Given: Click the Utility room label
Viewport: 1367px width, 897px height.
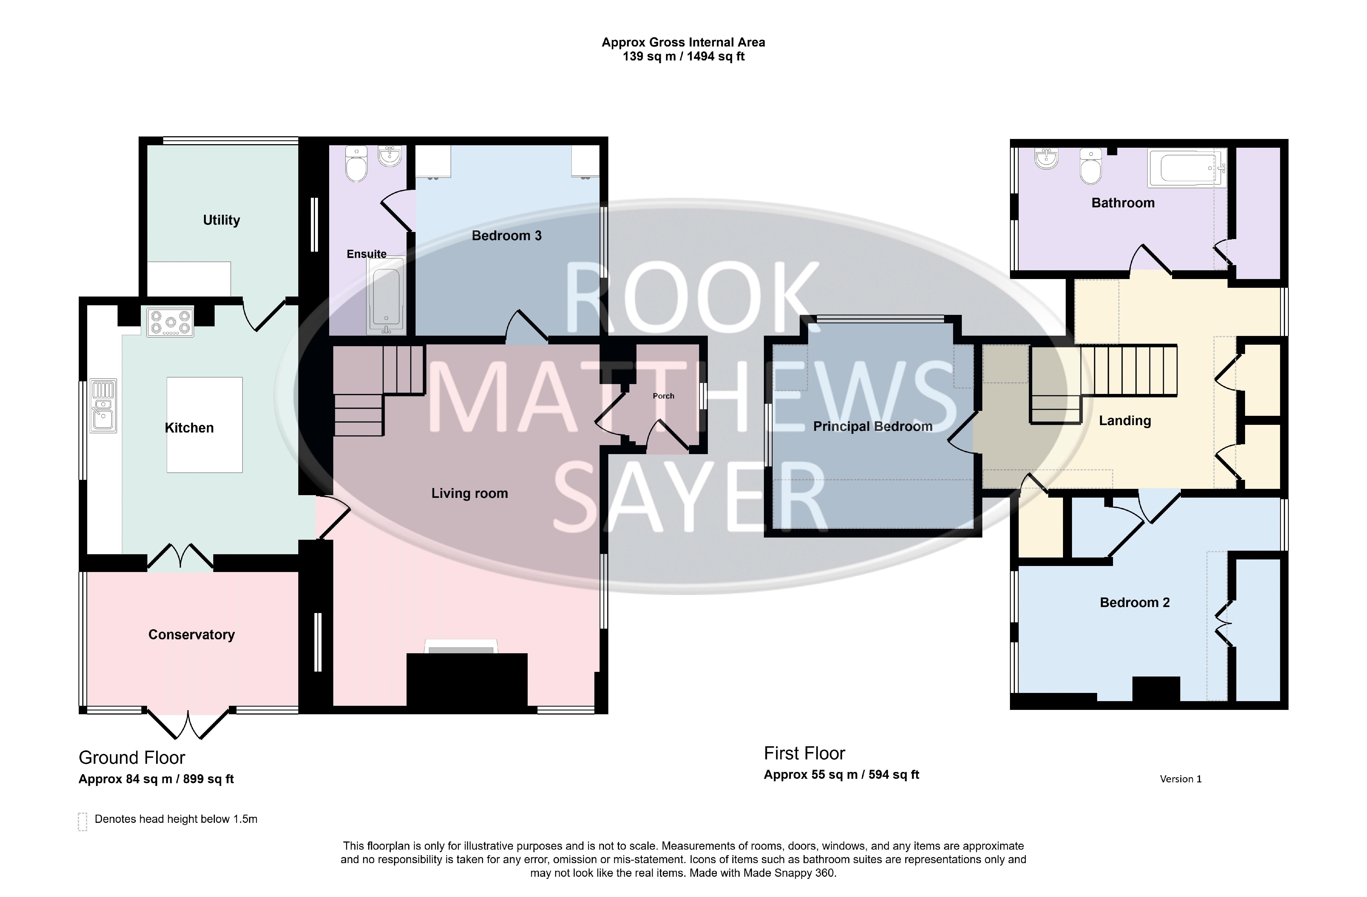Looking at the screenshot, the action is coord(221,220).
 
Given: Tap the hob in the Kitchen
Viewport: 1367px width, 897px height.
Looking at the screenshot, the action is coord(170,322).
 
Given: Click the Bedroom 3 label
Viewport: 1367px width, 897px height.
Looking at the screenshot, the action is coord(507,236).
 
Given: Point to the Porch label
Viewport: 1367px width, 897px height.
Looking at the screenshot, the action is coord(663,396).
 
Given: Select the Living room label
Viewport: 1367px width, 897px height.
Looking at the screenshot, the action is coord(470,493).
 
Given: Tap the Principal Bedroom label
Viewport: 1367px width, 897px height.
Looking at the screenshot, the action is coord(872,426).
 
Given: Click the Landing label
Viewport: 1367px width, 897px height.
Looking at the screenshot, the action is coord(1124,421).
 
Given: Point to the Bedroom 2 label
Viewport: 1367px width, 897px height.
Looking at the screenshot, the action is coord(1134,602).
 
